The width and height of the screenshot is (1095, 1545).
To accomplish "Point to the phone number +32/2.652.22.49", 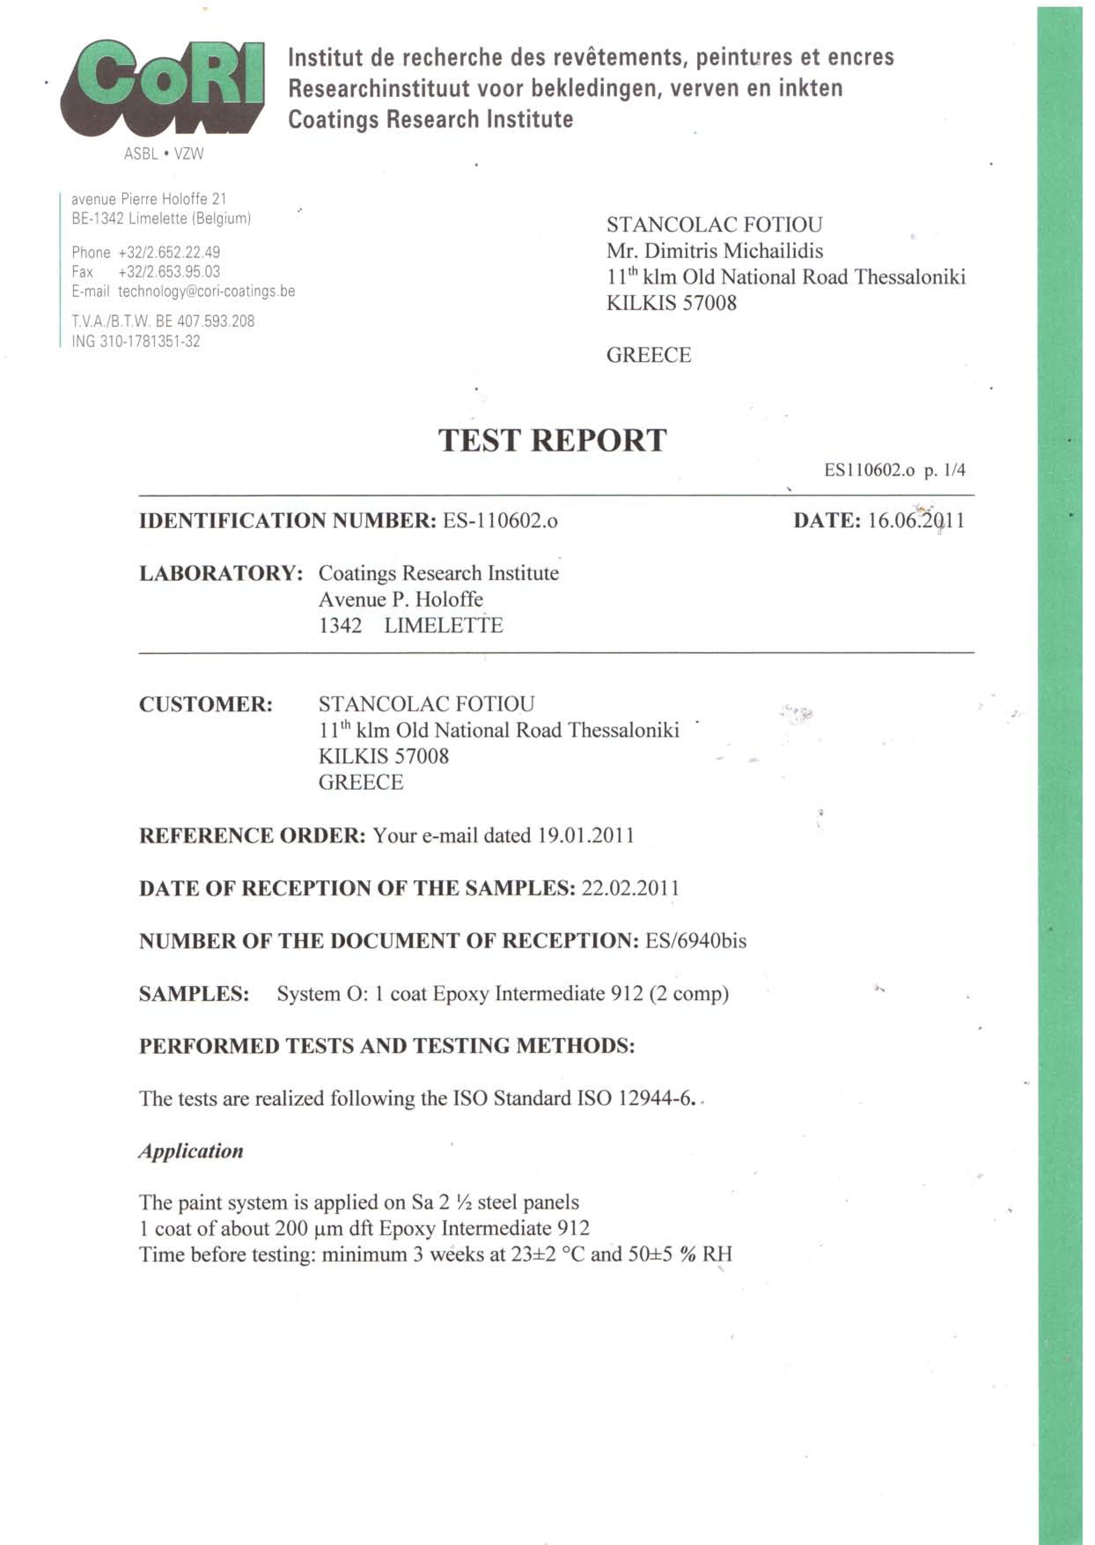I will [169, 252].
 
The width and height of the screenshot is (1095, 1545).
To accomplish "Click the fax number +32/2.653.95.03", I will [169, 272].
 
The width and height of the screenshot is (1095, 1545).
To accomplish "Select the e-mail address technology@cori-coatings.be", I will [206, 291].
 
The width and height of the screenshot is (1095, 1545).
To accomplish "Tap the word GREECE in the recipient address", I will [649, 355].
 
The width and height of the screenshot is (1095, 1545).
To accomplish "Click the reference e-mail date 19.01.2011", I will [585, 835].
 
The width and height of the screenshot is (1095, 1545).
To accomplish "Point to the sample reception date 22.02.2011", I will [630, 888].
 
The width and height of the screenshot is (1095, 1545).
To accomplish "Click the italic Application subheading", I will [191, 1151].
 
